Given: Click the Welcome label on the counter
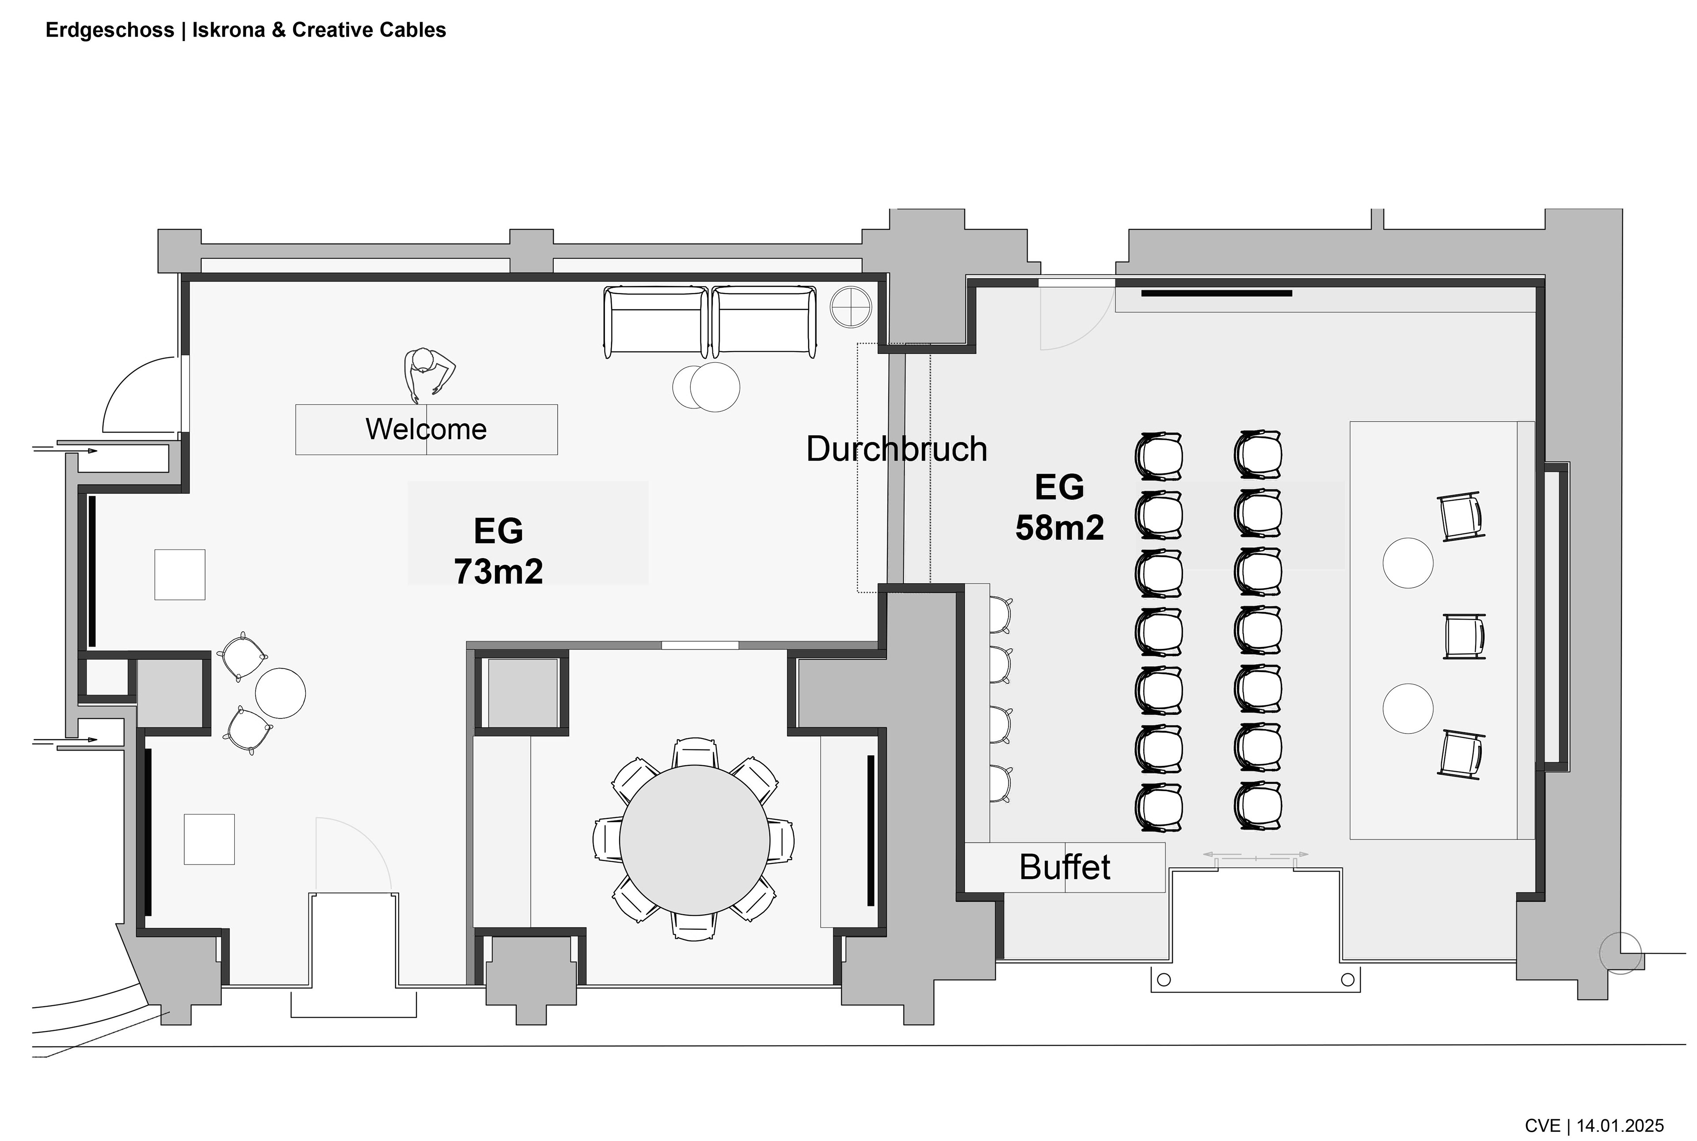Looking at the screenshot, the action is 426,430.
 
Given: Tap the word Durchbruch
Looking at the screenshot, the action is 897,449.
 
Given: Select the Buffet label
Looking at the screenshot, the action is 1065,867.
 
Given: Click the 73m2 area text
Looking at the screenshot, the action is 498,572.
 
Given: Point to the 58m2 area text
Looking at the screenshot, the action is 1060,528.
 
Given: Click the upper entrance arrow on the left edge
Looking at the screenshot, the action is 65,450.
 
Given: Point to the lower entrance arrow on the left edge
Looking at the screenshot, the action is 65,740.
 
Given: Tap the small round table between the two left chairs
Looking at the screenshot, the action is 280,693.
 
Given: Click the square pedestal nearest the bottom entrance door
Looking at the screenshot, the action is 209,839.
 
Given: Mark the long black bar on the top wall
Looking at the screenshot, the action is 1217,293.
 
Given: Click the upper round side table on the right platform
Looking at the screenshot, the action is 1408,563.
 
